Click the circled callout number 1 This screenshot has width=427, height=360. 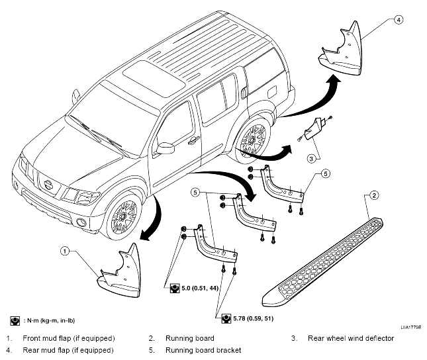tap(64, 251)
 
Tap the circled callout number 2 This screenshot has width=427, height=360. tap(374, 195)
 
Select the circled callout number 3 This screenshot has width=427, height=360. tap(311, 159)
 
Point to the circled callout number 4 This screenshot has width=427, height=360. tap(399, 20)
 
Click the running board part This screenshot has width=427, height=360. tap(322, 262)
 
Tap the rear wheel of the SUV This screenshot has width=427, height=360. tap(252, 140)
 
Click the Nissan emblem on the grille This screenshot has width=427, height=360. tap(48, 185)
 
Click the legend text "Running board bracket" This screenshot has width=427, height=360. tap(203, 350)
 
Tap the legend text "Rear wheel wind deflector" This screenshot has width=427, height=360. tap(351, 338)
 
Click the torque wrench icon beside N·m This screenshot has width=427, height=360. tap(15, 321)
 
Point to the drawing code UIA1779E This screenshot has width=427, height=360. tap(410, 327)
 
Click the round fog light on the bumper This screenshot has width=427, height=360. tap(81, 222)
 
